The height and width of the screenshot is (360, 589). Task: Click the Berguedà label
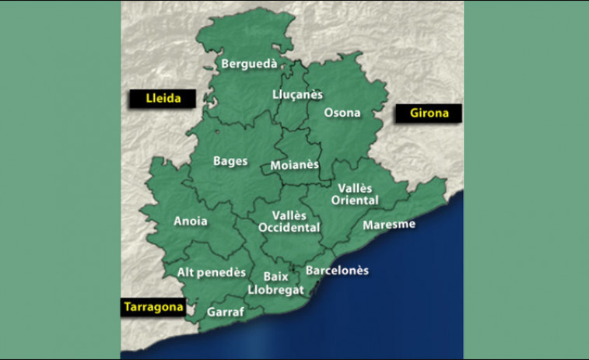[249, 64]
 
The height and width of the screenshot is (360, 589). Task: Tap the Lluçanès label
[297, 94]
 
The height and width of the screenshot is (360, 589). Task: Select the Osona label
[342, 113]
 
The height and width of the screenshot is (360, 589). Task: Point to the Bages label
[230, 162]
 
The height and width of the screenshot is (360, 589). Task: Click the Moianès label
[294, 166]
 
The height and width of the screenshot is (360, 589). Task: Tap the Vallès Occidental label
[289, 222]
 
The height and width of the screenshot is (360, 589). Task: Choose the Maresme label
[389, 225]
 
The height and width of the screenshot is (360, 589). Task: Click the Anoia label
[191, 221]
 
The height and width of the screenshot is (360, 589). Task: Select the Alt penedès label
[211, 272]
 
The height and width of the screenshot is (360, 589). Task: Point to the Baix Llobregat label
[275, 283]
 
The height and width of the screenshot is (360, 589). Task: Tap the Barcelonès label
[337, 271]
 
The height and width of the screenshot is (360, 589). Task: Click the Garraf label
[226, 312]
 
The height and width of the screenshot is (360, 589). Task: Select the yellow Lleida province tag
[163, 99]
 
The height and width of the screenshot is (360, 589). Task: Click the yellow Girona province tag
[429, 113]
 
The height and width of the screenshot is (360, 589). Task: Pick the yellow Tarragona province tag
[153, 306]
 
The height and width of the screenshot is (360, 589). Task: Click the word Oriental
[358, 201]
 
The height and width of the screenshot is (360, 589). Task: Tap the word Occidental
[289, 228]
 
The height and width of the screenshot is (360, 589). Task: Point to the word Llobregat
[275, 289]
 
